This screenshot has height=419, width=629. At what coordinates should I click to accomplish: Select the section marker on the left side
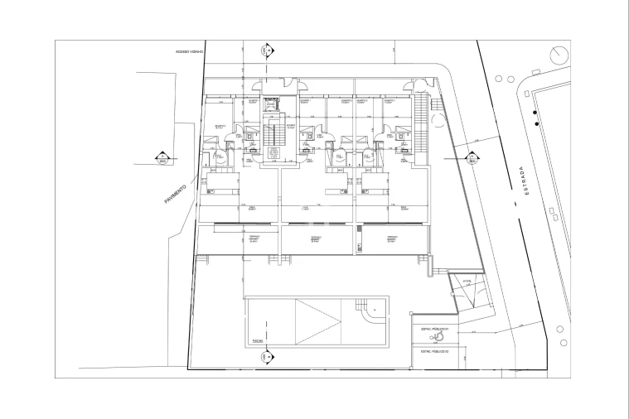click(163, 157)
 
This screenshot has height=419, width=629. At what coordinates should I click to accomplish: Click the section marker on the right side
click(471, 157)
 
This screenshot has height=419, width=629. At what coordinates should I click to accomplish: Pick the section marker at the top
click(267, 51)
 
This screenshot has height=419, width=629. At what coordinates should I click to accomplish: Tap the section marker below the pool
click(267, 358)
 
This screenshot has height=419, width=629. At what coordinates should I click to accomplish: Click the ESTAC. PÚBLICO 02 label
click(434, 351)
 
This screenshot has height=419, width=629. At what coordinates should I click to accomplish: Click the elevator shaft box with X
click(271, 104)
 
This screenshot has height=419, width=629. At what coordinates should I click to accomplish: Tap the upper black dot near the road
click(536, 108)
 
